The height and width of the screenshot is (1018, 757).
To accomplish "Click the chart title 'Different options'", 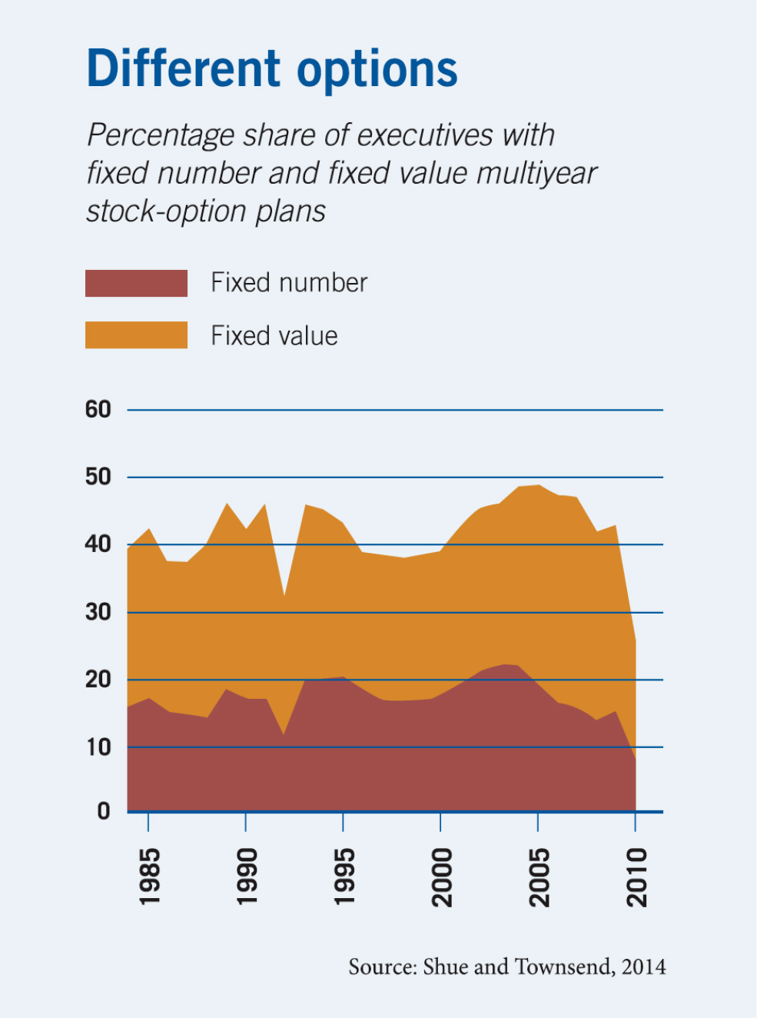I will click(272, 69).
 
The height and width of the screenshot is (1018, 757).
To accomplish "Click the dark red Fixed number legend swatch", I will click(136, 283).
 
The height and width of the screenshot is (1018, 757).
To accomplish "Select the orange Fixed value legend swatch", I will click(136, 335).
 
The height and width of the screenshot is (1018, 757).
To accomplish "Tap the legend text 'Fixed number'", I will click(289, 283).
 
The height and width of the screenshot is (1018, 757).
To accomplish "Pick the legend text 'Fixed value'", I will click(274, 336).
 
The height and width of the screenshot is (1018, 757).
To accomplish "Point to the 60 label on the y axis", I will click(98, 410).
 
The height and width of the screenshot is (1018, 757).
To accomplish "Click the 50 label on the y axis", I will click(98, 477).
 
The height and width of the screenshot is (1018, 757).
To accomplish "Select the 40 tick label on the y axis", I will click(98, 544).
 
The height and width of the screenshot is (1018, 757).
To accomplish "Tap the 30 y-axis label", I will click(98, 612).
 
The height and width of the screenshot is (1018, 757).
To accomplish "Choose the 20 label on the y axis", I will click(98, 680).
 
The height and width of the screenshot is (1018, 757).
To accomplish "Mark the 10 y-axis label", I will click(98, 747).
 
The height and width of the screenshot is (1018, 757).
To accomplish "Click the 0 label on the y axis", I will click(104, 811).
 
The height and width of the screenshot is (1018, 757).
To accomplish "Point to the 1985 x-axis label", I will click(149, 877).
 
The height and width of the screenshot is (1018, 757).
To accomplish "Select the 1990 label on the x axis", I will click(247, 877).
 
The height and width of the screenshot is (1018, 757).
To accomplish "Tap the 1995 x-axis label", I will click(344, 877).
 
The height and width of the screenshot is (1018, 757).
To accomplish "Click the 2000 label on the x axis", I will click(442, 877).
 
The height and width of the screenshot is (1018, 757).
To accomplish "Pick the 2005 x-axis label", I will click(540, 877).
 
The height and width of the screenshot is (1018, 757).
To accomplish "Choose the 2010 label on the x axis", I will click(637, 877).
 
